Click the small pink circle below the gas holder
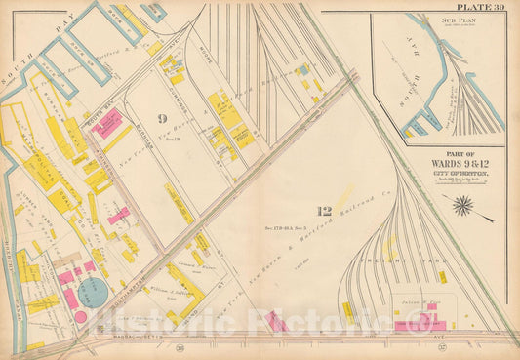coord(81,317)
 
